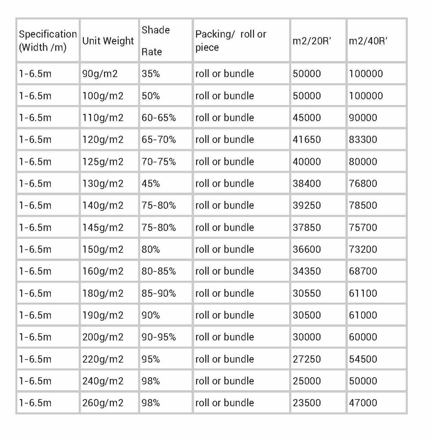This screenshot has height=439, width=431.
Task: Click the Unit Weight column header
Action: click(x=108, y=41)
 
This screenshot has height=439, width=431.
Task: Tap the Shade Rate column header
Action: click(x=155, y=41)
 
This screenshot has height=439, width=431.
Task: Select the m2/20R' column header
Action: click(x=312, y=41)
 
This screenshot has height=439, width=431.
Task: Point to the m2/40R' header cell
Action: click(x=368, y=41)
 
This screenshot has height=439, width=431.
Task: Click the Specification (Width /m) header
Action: click(x=48, y=41)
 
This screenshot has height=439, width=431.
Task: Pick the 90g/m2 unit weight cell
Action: click(x=100, y=74)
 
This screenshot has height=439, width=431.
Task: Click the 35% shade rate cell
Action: click(x=151, y=74)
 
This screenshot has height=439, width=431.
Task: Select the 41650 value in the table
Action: click(x=307, y=140)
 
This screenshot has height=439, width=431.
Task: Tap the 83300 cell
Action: click(x=363, y=140)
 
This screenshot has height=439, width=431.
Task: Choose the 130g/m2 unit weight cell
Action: click(x=103, y=184)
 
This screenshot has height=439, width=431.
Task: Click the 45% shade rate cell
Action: click(x=151, y=184)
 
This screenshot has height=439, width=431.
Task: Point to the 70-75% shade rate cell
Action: click(x=159, y=161)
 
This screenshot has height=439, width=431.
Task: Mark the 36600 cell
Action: click(x=307, y=249)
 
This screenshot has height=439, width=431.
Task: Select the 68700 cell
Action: click(x=363, y=271)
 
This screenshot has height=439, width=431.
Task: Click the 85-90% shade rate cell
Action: click(x=159, y=293)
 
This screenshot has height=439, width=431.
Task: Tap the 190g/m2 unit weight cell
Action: click(x=103, y=315)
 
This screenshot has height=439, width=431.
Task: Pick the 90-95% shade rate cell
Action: click(x=159, y=337)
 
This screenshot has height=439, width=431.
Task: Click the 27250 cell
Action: click(x=307, y=359)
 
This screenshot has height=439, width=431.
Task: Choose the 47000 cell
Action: click(x=363, y=403)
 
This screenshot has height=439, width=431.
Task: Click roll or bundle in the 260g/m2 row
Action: click(x=224, y=403)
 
